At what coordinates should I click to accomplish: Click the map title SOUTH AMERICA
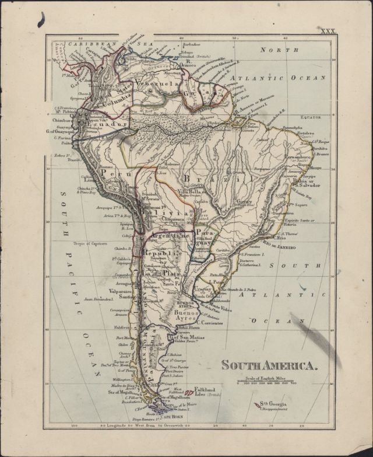click(x=269, y=366)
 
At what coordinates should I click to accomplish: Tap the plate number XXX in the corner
click(x=329, y=31)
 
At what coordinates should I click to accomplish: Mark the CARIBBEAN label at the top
click(x=87, y=43)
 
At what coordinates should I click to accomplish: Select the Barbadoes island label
click(x=191, y=44)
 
